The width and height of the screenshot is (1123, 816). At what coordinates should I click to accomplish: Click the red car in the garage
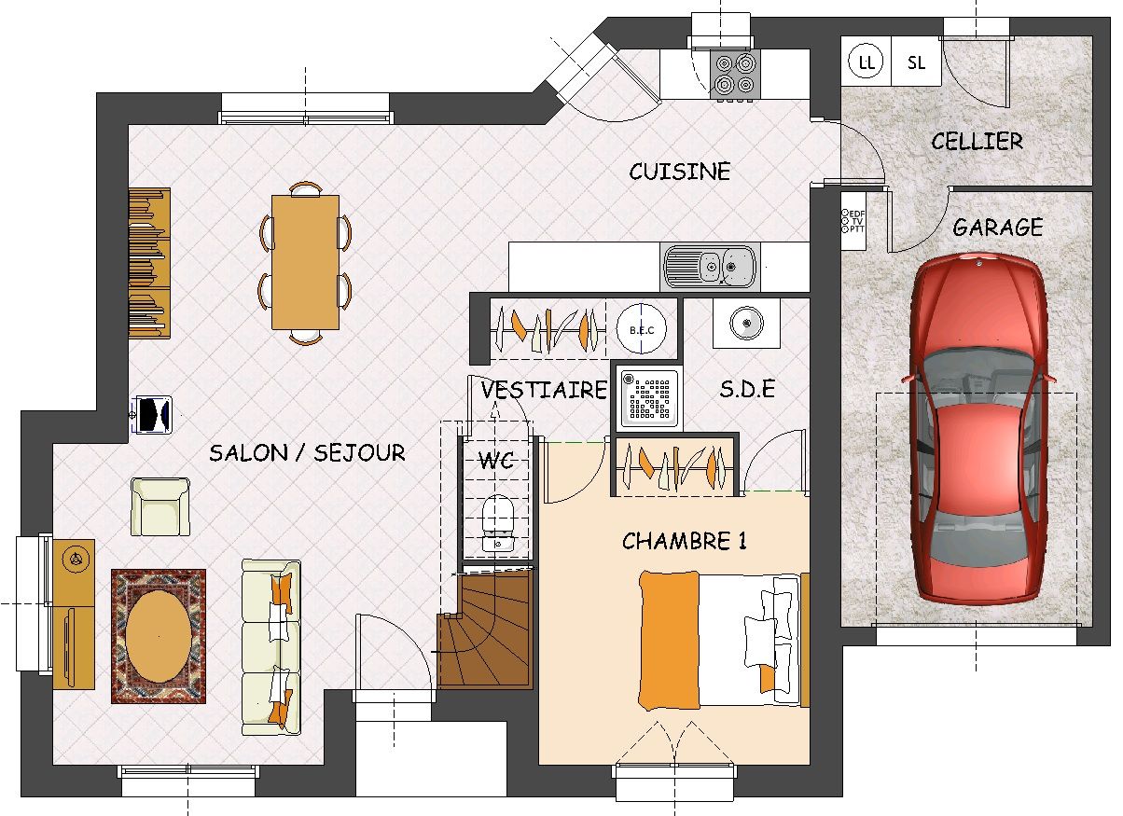point(977,429)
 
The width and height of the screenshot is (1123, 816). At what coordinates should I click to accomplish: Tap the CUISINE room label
point(679,172)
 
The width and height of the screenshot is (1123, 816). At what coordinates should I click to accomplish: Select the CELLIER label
point(977,141)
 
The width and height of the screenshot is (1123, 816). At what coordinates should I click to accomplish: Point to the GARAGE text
point(998,227)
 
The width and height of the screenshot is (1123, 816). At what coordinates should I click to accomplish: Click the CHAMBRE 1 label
point(685,541)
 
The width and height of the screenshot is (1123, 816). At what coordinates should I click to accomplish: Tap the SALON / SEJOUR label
point(307,452)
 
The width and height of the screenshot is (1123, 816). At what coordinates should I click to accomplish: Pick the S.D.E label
point(747,389)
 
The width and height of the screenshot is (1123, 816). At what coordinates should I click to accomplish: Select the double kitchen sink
point(710,267)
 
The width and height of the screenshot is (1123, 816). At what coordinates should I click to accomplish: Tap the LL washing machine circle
point(866,62)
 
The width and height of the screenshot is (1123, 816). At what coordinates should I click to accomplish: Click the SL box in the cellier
point(917,62)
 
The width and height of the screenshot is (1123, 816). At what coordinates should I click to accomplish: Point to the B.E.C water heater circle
point(642,330)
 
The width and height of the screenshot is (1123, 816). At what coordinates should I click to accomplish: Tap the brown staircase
point(484,630)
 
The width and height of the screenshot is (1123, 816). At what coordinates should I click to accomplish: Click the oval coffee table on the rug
point(159,636)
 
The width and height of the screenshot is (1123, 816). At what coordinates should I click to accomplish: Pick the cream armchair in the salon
point(160,506)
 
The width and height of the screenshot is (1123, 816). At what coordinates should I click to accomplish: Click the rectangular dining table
point(305,262)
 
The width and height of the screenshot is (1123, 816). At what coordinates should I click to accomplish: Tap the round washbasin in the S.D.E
point(746,323)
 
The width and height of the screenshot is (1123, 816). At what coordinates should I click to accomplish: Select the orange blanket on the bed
point(670,641)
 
